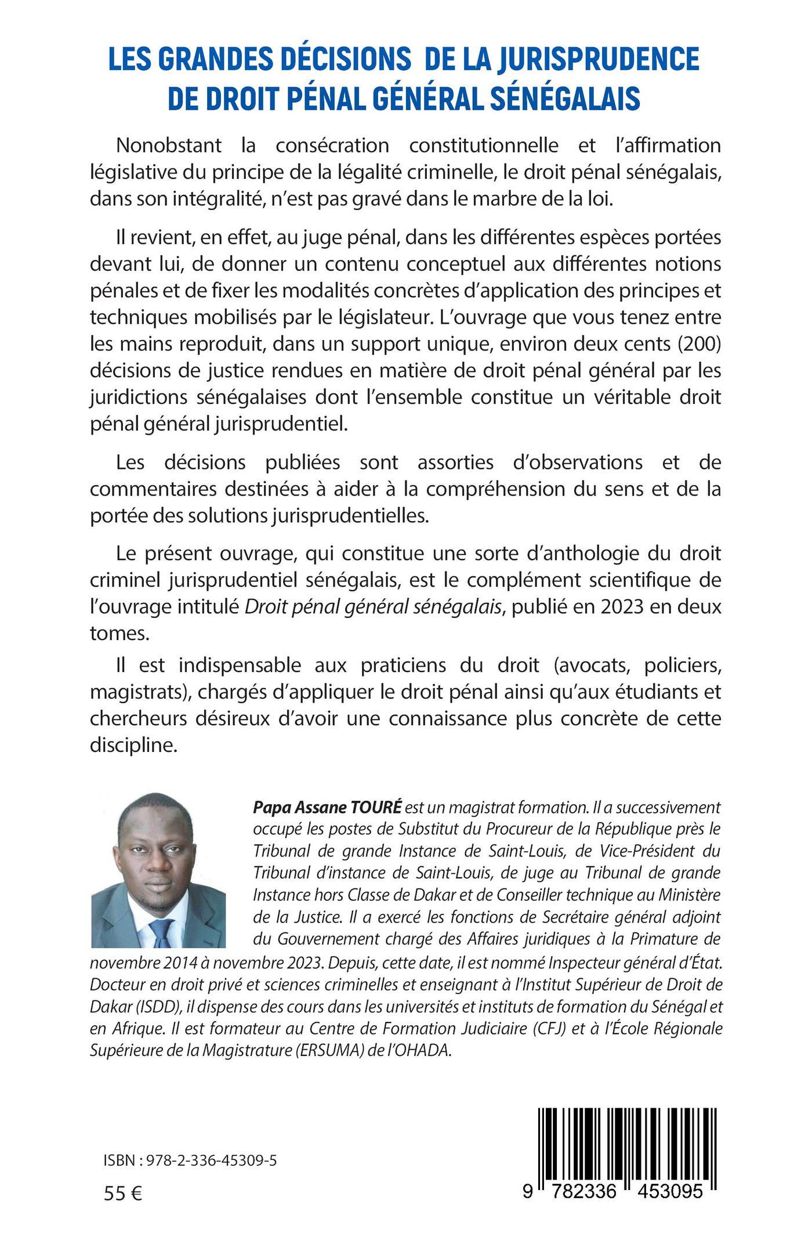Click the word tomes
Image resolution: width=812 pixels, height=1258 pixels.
(x=119, y=633)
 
